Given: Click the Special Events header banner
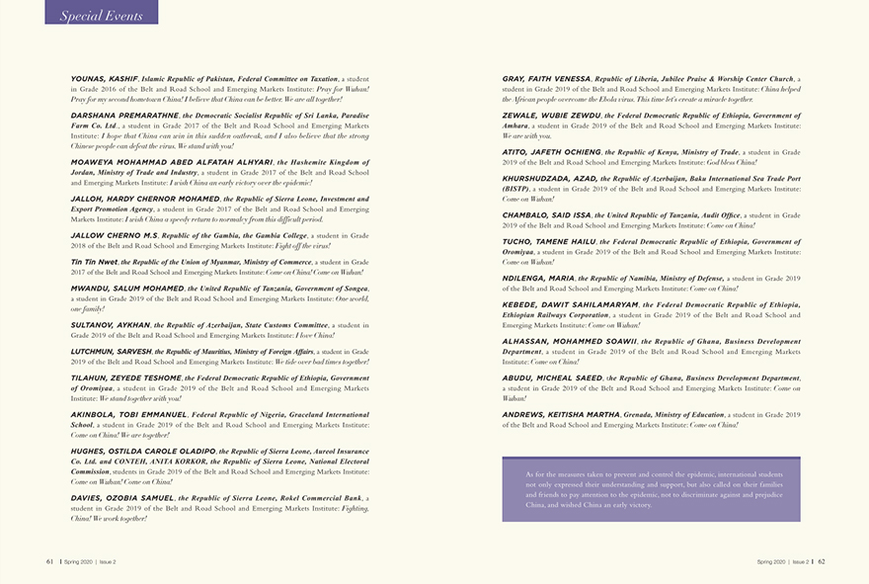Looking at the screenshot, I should [x=101, y=14].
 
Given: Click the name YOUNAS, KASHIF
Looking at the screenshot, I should [x=104, y=78].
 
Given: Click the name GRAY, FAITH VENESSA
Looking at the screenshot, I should [x=546, y=78].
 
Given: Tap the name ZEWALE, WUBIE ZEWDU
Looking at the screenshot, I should [x=545, y=115].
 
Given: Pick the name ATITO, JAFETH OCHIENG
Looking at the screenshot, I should [x=546, y=151].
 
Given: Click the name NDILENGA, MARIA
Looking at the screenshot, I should [x=538, y=278].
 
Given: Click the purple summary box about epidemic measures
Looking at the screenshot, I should [x=651, y=489].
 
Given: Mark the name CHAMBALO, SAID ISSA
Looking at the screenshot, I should [x=546, y=214].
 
